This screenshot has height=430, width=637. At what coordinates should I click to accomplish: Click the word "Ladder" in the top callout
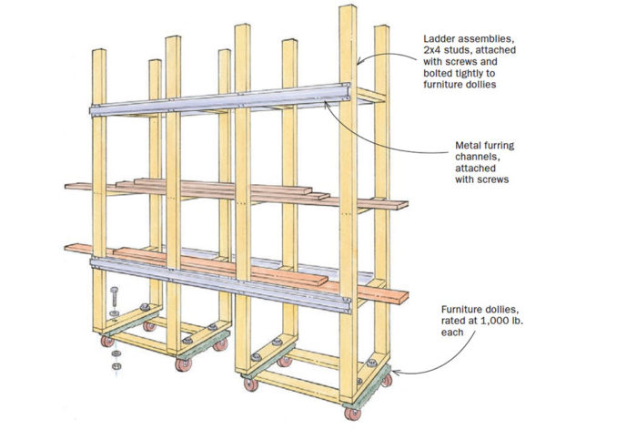[x=440, y=39]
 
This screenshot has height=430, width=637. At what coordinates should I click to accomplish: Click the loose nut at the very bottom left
[x=115, y=367]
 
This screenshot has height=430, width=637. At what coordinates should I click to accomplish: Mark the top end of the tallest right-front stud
[x=348, y=8]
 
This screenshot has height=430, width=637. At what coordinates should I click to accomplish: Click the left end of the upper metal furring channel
[x=94, y=111]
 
